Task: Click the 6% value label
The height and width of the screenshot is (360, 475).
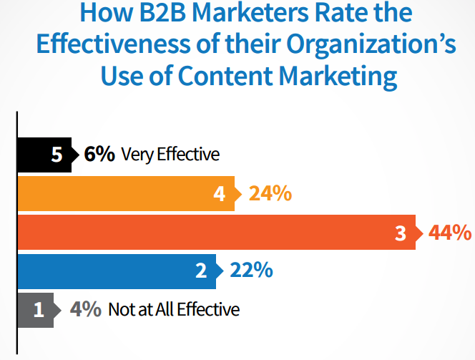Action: coord(99,155)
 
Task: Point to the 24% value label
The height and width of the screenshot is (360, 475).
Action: coord(270,193)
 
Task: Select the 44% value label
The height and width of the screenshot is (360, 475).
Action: coord(450,233)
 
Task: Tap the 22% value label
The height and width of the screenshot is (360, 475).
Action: coord(251,271)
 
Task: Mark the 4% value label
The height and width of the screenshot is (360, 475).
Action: coord(85,310)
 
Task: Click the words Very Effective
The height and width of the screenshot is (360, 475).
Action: coord(170,155)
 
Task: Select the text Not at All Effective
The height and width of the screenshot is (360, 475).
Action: coord(174,310)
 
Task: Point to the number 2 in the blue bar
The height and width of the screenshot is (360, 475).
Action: coord(201,271)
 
